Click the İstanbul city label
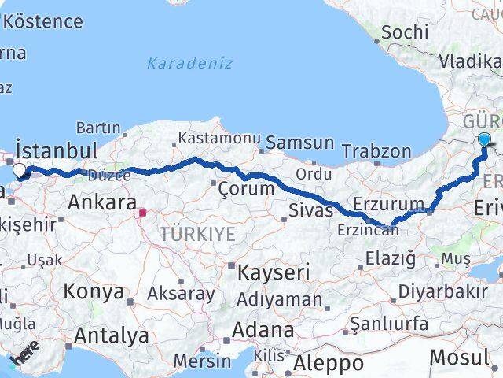[57, 150]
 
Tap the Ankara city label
[102, 202]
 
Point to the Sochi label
[406, 32]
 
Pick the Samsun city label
[300, 143]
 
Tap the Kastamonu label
[219, 138]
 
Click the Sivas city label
[307, 209]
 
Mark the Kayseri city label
[274, 272]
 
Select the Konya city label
[94, 291]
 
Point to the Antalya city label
[111, 335]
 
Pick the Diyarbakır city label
[442, 291]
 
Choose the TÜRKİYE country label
[197, 233]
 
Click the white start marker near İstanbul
[19, 148]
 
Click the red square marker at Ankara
[142, 212]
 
